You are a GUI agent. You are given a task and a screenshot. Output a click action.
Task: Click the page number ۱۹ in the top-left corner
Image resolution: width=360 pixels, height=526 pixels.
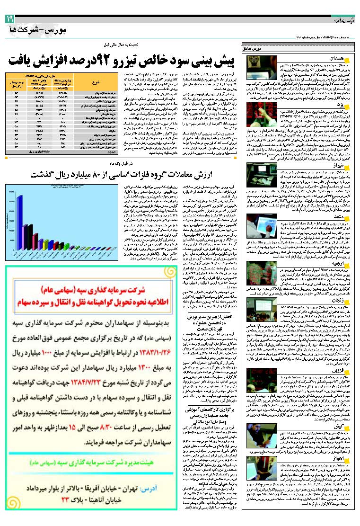click(10, 18)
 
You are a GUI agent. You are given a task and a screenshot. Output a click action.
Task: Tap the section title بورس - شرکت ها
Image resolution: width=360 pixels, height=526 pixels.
click(38, 29)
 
